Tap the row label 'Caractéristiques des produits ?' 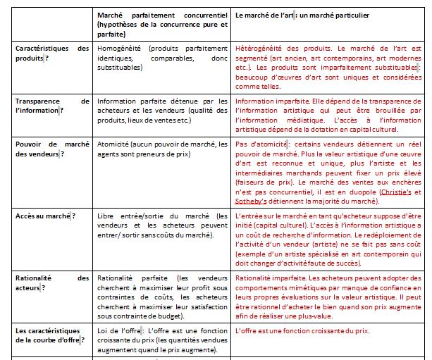pyautogui.click(x=52, y=53)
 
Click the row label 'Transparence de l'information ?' pyautogui.click(x=52, y=106)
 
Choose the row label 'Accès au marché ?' pyautogui.click(x=44, y=216)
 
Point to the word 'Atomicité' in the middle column pyautogui.click(x=113, y=144)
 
